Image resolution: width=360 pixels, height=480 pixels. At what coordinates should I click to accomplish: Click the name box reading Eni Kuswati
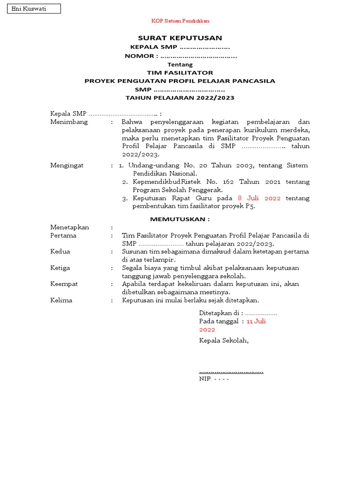34,9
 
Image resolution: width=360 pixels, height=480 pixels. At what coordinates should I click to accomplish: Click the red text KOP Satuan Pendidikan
180,21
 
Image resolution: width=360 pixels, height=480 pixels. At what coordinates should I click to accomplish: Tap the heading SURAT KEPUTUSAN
180,38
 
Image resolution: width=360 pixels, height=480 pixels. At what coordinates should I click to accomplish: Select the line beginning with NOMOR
180,56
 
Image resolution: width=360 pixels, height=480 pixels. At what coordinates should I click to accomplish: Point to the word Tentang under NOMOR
180,65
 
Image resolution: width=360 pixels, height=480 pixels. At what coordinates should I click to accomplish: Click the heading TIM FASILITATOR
180,73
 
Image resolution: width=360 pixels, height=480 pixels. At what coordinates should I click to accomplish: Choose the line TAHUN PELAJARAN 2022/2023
180,97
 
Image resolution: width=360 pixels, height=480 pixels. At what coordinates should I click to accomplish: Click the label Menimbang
69,122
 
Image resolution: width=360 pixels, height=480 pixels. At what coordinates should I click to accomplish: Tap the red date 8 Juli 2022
259,198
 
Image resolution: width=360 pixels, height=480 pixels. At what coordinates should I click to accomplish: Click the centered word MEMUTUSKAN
180,219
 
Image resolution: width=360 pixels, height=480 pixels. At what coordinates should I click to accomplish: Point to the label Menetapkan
69,227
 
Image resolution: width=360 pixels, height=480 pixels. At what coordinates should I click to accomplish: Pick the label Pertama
63,235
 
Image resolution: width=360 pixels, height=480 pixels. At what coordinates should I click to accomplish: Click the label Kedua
60,251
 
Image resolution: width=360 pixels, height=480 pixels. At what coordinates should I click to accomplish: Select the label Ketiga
60,268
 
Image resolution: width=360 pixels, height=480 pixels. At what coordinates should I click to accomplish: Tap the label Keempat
64,284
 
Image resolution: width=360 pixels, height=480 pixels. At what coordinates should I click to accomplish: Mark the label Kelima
61,300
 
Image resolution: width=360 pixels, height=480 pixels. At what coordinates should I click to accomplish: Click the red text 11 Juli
256,321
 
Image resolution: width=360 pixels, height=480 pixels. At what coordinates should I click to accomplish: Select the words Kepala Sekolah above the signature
224,340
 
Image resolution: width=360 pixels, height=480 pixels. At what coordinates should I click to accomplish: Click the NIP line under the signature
214,378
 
